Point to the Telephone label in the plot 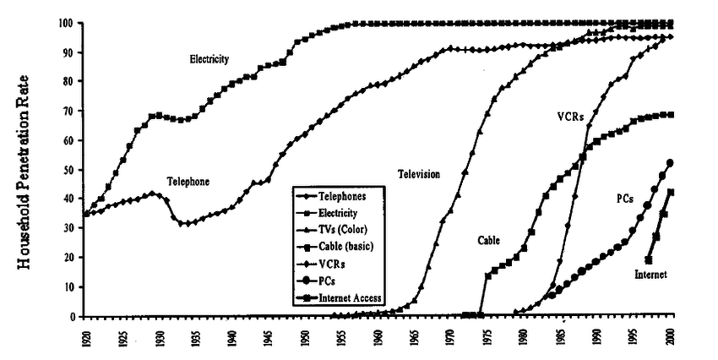point(188,181)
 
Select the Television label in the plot point(420,174)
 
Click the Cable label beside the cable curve point(488,240)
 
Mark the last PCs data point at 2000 point(671,163)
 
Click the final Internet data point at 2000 point(671,192)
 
